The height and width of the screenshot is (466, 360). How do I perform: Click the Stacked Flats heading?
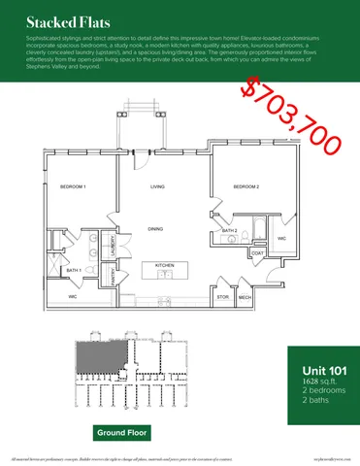click(54, 20)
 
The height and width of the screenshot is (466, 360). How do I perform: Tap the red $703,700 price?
click(292, 115)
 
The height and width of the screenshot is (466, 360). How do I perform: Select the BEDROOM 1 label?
click(73, 185)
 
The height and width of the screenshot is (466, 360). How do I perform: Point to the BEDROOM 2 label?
click(247, 185)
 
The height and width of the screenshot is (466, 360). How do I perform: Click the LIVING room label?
click(157, 185)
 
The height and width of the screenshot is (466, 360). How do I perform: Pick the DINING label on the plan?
click(155, 228)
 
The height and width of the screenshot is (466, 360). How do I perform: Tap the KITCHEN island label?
click(164, 264)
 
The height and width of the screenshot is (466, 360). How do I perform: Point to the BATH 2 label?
click(230, 230)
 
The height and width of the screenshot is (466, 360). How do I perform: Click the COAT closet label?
click(257, 253)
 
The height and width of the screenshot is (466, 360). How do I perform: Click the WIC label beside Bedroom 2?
click(281, 237)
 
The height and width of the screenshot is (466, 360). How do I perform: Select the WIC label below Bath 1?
click(73, 296)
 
